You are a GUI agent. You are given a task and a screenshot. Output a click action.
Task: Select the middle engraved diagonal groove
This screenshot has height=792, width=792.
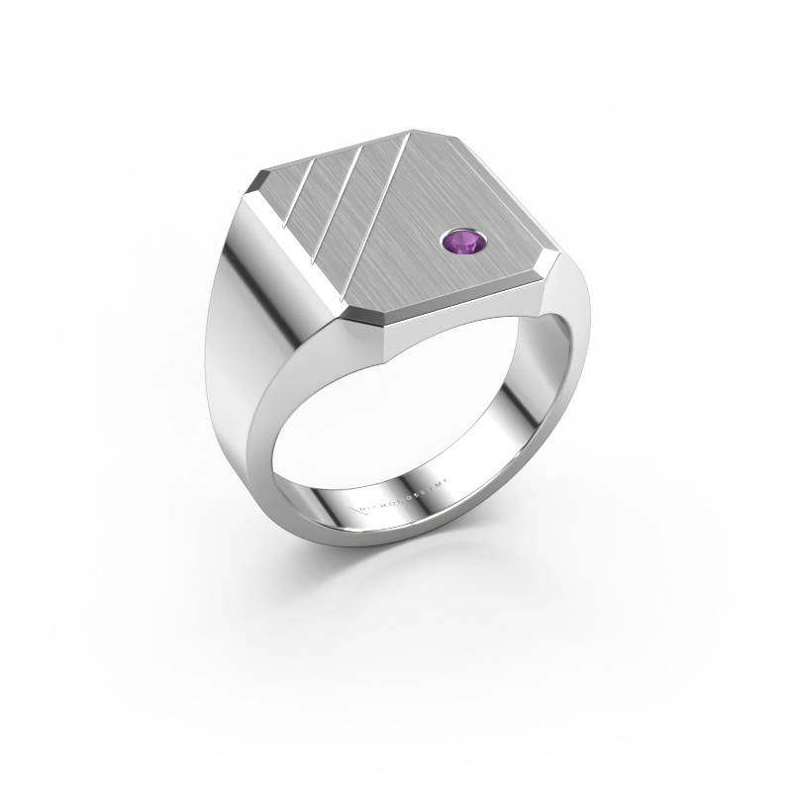pyautogui.click(x=332, y=203)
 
